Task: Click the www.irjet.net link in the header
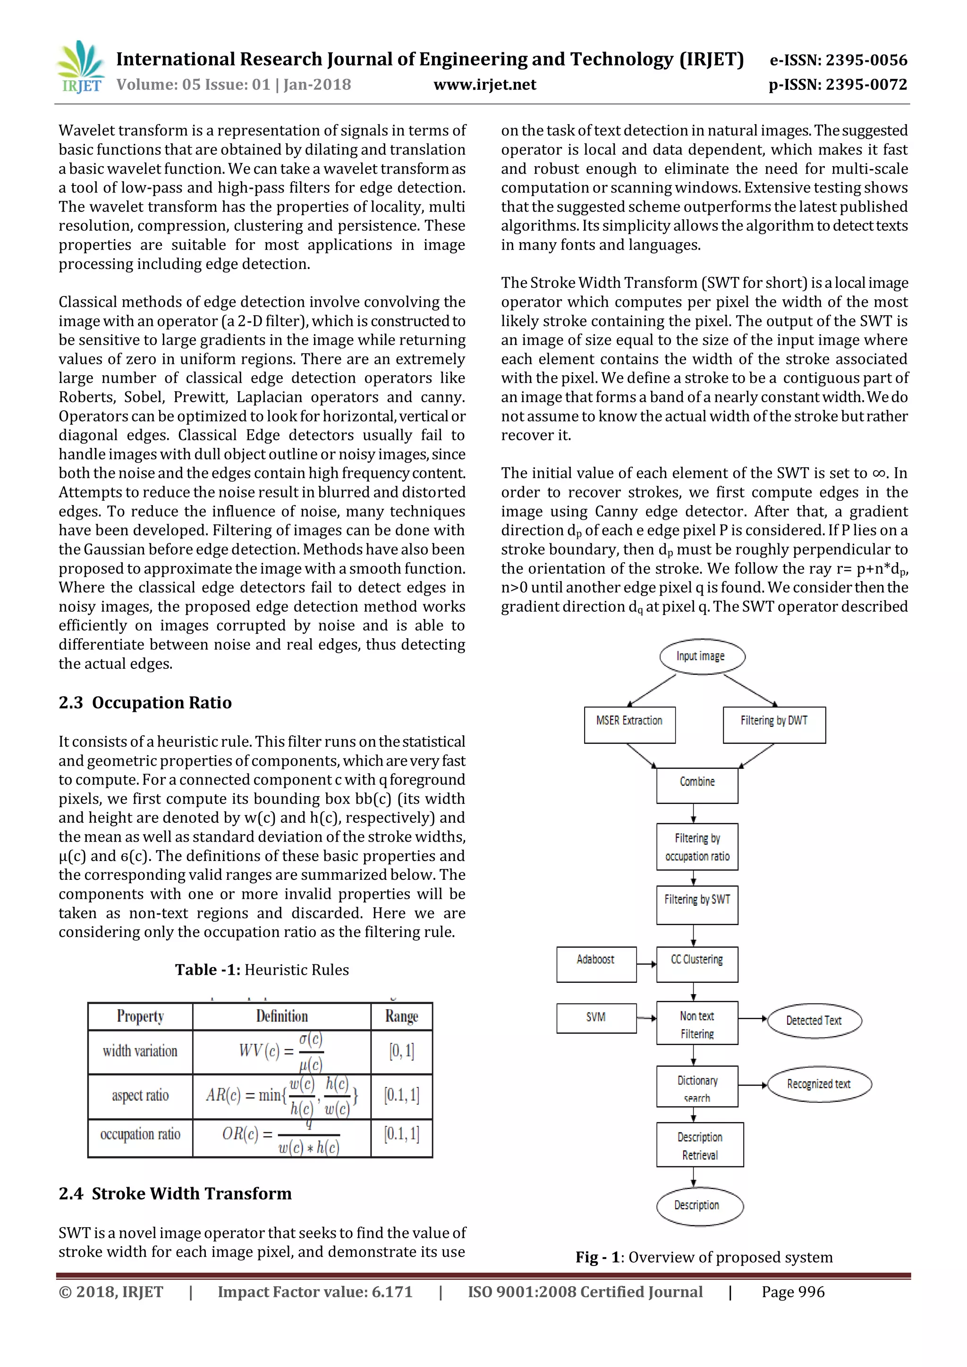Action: (485, 84)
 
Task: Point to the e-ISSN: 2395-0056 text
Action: (839, 60)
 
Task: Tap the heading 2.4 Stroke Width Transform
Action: (175, 1194)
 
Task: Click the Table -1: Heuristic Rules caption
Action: (262, 970)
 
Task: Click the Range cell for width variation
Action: (401, 1051)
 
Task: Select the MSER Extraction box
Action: (629, 724)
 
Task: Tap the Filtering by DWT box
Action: (774, 724)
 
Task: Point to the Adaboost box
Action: (596, 964)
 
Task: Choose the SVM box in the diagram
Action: (596, 1018)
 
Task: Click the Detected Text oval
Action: (814, 1021)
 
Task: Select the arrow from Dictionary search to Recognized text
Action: (753, 1085)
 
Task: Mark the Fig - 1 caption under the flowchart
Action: (704, 1257)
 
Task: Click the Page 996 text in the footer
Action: (793, 1292)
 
